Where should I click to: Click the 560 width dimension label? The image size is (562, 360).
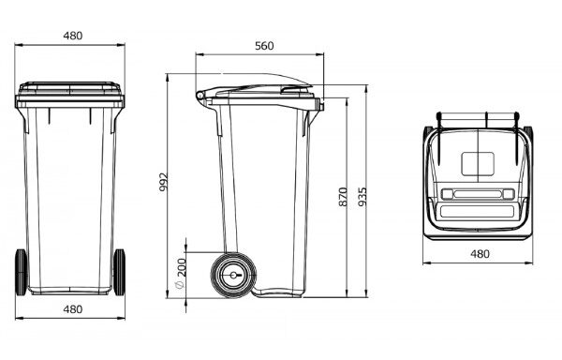coord(264,46)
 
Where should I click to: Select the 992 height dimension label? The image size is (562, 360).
coord(163,182)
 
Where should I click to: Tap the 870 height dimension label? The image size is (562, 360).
coord(343,197)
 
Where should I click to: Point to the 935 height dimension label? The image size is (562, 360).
coord(362,197)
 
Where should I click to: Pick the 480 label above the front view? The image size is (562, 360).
coord(73,36)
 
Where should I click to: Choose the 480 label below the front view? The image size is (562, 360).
coord(73,309)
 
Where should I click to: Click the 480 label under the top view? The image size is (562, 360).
coord(480,254)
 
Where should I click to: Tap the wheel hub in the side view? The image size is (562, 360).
coord(233,275)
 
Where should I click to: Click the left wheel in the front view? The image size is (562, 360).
coord(22,273)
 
